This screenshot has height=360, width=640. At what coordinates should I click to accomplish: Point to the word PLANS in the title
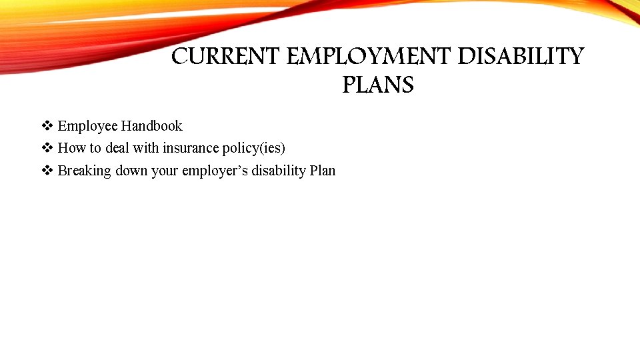(x=378, y=85)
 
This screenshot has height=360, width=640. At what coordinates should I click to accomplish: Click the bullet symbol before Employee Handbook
(x=47, y=126)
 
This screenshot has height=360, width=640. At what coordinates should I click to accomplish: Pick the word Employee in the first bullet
(x=87, y=126)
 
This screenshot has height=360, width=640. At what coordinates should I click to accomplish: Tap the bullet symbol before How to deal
(x=47, y=148)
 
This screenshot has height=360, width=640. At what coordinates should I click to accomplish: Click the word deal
(x=117, y=148)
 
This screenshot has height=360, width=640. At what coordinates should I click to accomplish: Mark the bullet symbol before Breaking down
(x=47, y=171)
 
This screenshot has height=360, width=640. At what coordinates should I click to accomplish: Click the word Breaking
(x=85, y=171)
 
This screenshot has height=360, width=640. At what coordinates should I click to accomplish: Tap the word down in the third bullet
(x=132, y=171)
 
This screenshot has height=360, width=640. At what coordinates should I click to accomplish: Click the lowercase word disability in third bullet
(x=278, y=171)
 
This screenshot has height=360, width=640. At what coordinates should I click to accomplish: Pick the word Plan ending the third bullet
(x=323, y=171)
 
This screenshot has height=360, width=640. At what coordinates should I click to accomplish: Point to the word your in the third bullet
(x=165, y=171)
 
